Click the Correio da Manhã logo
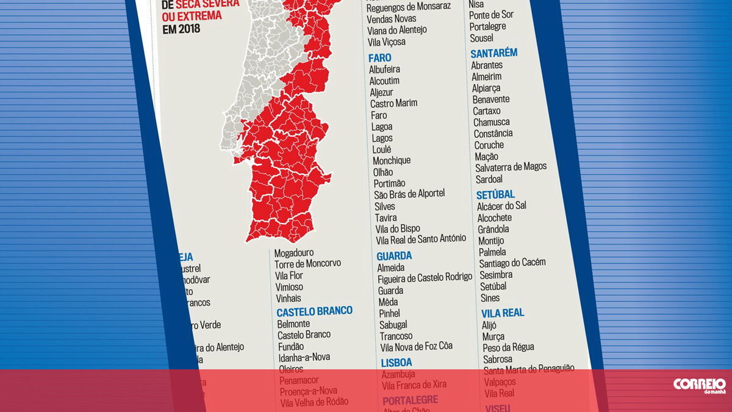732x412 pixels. click(699, 385)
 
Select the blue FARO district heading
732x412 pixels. click(379, 58)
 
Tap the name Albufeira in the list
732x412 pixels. click(384, 69)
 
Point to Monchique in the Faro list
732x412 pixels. click(392, 161)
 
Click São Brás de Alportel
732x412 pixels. click(409, 194)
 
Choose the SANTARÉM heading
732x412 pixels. click(493, 54)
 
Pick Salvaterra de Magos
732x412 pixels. click(511, 167)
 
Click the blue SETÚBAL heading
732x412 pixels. click(495, 194)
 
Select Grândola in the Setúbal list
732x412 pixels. click(493, 230)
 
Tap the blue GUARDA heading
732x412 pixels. click(394, 256)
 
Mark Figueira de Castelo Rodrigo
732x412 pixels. click(425, 278)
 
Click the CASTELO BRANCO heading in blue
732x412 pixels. click(314, 311)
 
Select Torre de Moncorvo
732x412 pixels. click(307, 264)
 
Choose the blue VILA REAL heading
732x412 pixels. click(503, 313)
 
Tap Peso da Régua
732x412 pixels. click(508, 347)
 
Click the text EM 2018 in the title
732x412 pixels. click(181, 29)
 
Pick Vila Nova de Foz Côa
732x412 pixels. click(416, 347)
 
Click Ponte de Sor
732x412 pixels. click(491, 15)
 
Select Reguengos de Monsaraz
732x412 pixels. click(409, 6)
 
